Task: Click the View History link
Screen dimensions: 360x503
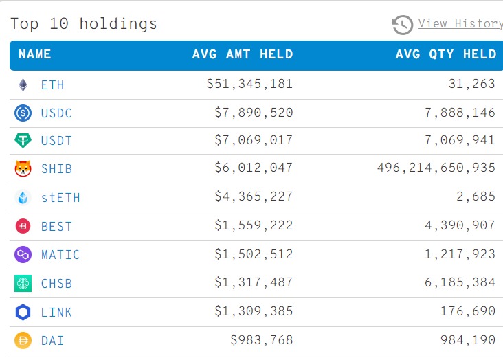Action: tap(460, 24)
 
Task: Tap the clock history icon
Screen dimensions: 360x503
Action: tap(402, 25)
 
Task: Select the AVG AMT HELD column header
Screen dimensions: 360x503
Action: tap(243, 54)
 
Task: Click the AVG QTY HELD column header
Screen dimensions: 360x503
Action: tap(445, 54)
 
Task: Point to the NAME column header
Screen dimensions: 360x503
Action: tap(34, 54)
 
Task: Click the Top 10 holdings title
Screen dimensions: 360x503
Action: tap(84, 24)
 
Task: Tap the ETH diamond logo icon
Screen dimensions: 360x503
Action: tap(23, 85)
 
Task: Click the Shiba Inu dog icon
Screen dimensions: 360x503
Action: tap(23, 169)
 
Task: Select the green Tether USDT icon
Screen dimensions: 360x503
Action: tap(23, 141)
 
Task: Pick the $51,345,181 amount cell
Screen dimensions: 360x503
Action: tap(249, 85)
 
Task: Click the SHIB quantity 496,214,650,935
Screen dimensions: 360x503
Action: tap(436, 168)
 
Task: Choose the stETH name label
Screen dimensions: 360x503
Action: tap(60, 198)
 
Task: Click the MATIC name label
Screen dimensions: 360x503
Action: tap(60, 255)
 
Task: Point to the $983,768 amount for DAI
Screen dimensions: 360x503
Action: tap(262, 340)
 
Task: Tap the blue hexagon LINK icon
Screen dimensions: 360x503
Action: tap(23, 312)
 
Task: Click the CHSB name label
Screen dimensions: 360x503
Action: tap(56, 283)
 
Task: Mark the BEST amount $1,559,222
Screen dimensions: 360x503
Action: tap(254, 226)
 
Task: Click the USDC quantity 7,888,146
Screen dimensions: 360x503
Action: tap(460, 113)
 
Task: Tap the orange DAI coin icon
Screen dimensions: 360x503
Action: tap(23, 340)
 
